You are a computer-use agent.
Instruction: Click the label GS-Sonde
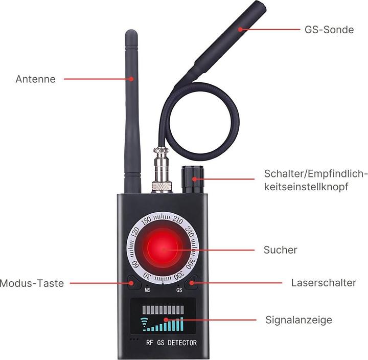(x=329, y=30)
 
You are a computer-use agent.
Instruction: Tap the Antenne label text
(x=36, y=79)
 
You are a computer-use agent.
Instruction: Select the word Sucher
(x=281, y=250)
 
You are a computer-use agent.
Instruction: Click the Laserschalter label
(x=324, y=283)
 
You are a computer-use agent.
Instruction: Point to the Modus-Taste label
(x=32, y=283)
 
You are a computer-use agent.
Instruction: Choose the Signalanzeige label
(x=299, y=320)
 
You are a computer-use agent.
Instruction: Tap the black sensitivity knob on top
(x=193, y=179)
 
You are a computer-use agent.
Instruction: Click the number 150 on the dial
(x=146, y=220)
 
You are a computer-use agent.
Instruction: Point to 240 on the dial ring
(x=190, y=232)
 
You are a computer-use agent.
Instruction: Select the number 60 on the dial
(x=135, y=265)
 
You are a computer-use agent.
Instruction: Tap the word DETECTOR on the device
(x=182, y=343)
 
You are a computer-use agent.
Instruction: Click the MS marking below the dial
(x=147, y=290)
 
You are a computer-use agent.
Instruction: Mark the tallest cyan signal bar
(x=181, y=324)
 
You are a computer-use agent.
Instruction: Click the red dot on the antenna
(x=132, y=79)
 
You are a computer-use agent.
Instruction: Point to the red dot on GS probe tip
(x=240, y=29)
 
